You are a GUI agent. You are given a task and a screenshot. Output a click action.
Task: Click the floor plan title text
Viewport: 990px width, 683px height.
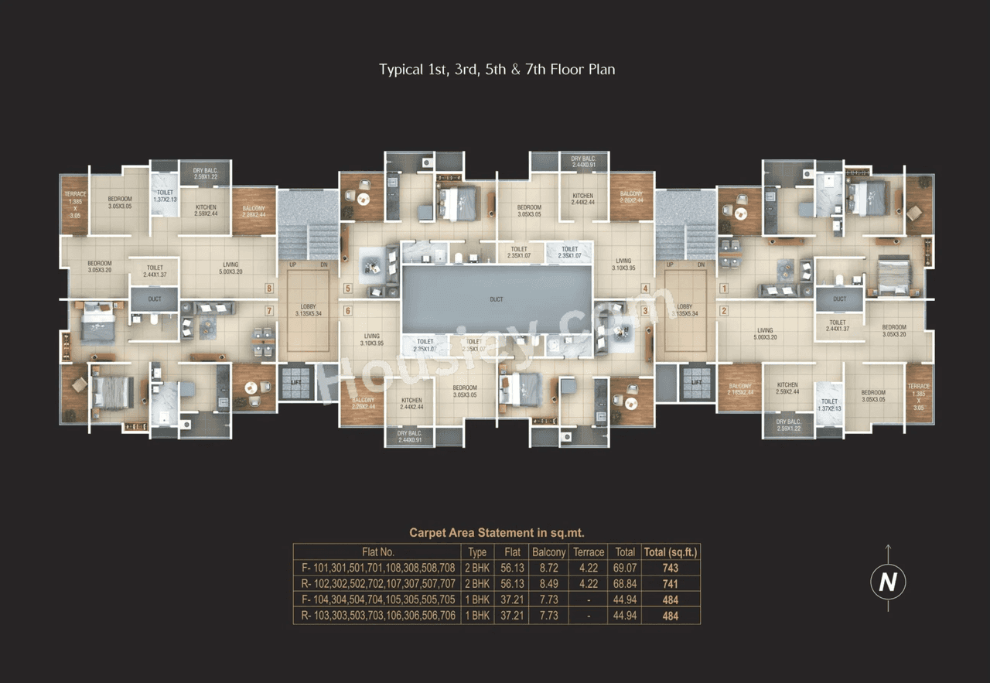tap(497, 70)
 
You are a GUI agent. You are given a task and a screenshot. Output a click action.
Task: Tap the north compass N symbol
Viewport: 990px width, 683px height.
tap(888, 582)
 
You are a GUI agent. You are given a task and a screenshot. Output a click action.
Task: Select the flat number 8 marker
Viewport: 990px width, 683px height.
tap(269, 289)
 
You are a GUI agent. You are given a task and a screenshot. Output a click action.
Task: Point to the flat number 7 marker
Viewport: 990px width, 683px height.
tap(269, 311)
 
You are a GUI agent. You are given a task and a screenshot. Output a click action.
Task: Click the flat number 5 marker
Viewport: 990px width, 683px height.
tap(348, 289)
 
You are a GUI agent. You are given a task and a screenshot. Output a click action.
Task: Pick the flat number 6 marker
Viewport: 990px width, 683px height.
tap(348, 311)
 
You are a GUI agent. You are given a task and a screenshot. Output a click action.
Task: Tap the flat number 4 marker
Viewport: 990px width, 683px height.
tap(644, 289)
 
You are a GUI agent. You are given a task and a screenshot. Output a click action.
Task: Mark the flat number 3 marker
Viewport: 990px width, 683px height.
tap(644, 311)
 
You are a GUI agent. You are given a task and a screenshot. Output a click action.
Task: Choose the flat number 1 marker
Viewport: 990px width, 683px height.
tap(724, 289)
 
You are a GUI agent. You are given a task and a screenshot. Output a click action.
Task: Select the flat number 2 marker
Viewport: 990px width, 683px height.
tap(724, 311)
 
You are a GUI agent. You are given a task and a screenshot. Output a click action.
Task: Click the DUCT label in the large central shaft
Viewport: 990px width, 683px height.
tap(496, 299)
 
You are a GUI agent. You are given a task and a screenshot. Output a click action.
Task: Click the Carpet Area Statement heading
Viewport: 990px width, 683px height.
tap(497, 532)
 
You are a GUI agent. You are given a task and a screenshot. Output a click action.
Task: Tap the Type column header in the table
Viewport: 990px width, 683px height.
tap(477, 552)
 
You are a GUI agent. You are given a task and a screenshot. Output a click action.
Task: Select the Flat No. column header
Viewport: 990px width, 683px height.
tap(378, 552)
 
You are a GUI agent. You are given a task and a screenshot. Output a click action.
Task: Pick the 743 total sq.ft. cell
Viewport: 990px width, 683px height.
tap(670, 568)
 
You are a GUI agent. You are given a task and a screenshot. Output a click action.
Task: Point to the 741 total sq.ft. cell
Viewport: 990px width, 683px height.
tap(670, 584)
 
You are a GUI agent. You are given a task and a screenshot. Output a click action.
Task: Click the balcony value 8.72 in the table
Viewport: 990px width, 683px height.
tap(548, 568)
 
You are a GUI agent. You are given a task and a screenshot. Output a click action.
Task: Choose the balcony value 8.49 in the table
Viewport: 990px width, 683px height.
tap(548, 584)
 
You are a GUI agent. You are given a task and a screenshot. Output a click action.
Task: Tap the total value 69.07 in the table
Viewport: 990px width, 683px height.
tap(624, 568)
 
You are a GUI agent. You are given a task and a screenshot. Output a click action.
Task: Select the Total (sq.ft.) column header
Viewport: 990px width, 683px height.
tap(670, 552)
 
